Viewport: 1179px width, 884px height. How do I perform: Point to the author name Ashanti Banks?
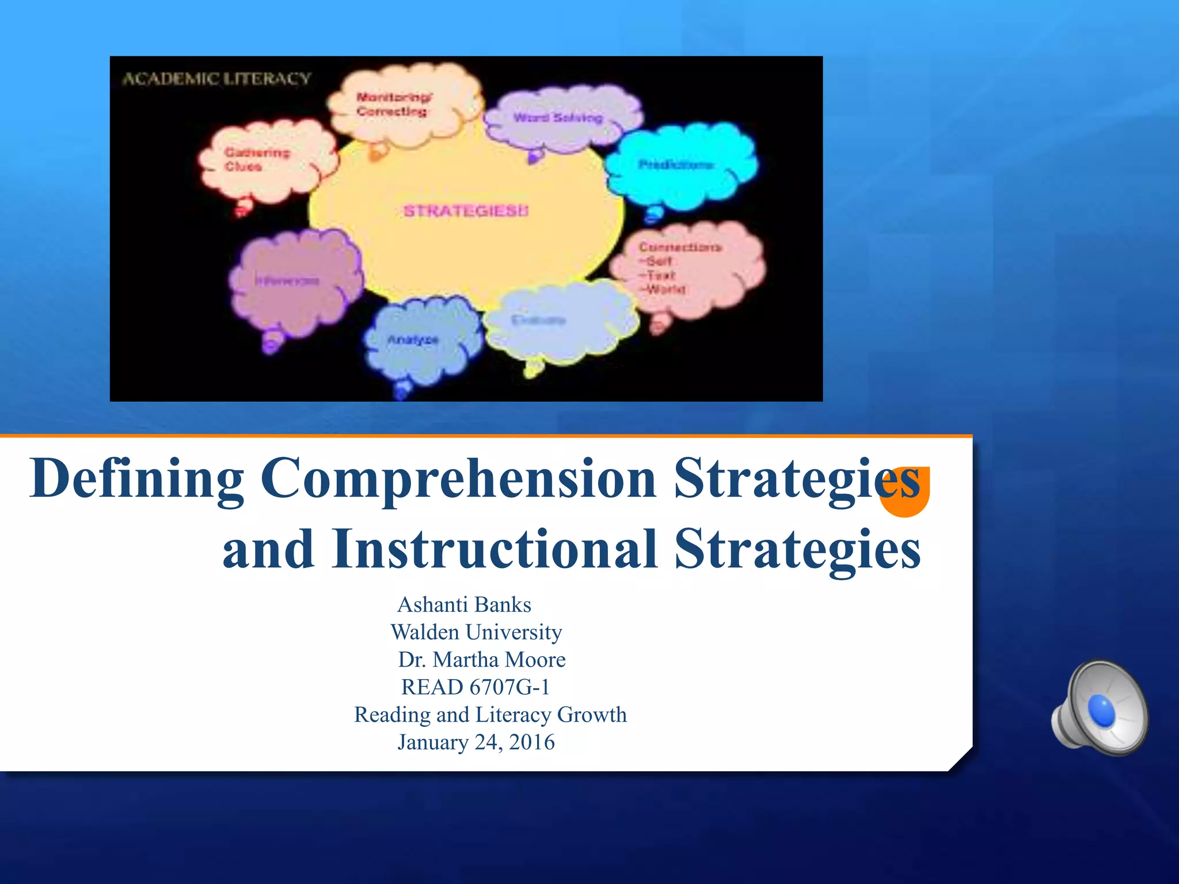coord(464,604)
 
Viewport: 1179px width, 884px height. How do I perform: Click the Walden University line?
coord(476,632)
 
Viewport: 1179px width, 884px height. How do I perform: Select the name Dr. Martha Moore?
coord(481,660)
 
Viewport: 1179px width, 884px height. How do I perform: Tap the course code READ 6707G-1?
coord(476,687)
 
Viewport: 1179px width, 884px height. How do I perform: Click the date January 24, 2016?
coord(476,742)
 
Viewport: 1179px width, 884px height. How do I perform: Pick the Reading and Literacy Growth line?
coord(490,714)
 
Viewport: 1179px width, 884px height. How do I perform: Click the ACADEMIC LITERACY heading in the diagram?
coord(216,78)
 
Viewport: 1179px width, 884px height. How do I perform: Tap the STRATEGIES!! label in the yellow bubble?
coord(465,211)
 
